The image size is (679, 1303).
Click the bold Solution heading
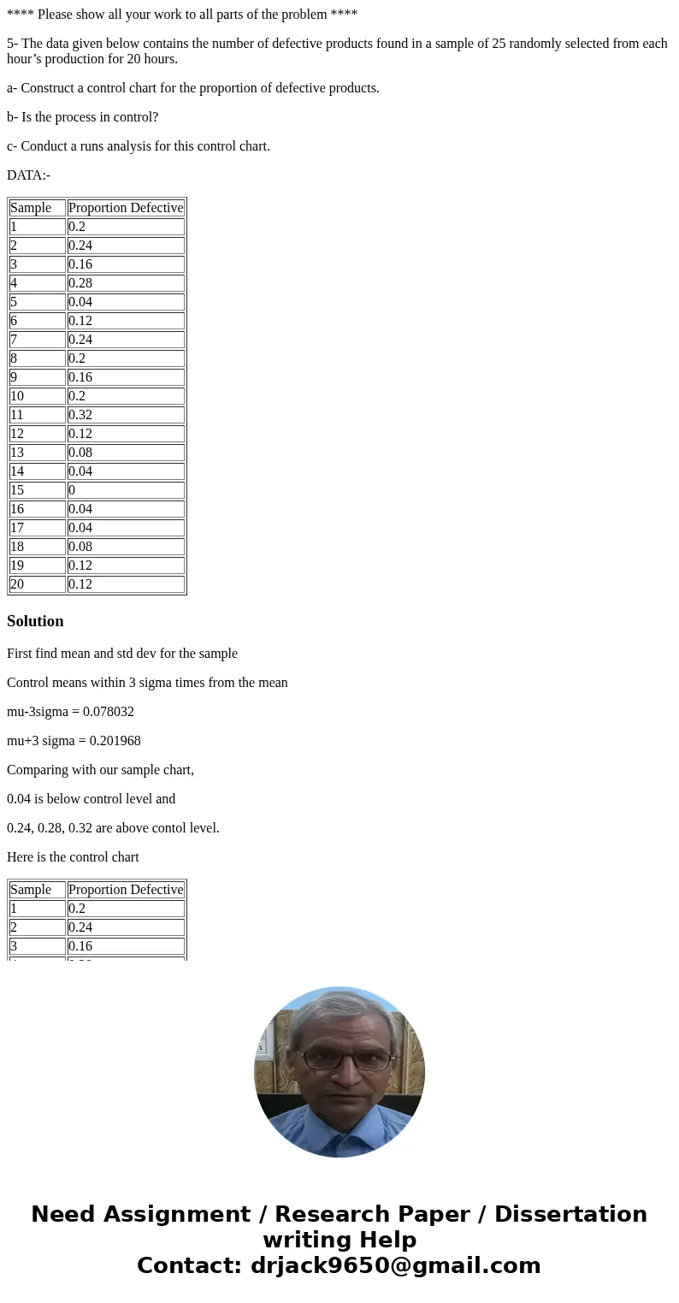coord(35,621)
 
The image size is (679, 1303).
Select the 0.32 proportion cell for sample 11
coord(126,415)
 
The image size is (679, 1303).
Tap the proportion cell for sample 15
coord(126,490)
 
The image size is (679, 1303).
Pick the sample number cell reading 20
coord(38,584)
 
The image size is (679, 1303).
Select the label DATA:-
coord(28,175)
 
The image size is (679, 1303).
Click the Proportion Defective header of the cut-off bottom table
coord(126,890)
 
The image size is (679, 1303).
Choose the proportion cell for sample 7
coord(126,340)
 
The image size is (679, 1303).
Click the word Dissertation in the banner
coord(570,1214)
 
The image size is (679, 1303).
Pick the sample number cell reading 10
coord(38,396)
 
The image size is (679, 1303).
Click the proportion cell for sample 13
coord(126,453)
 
